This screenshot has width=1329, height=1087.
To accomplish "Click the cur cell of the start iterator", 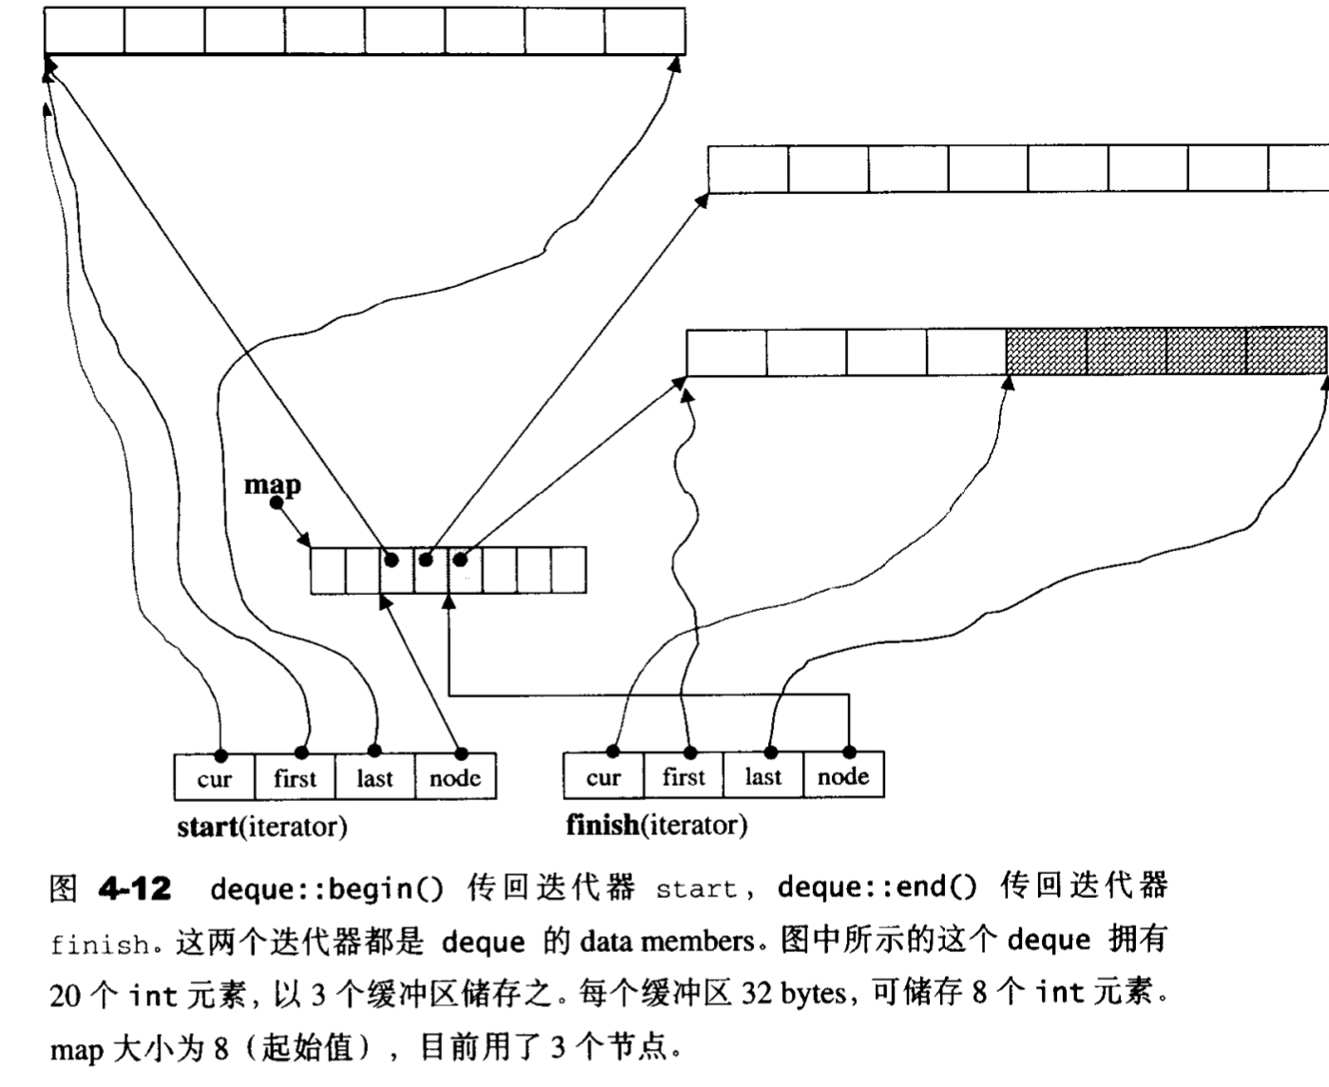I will pyautogui.click(x=215, y=778).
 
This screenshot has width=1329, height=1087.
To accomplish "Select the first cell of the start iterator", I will pyautogui.click(x=295, y=778).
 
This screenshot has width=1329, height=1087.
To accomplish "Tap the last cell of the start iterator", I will pyautogui.click(x=375, y=778).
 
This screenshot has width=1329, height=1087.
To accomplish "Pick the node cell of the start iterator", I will pyautogui.click(x=455, y=778).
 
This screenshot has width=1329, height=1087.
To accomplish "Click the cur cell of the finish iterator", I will pyautogui.click(x=604, y=776).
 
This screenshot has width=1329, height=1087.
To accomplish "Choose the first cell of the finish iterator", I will pyautogui.click(x=684, y=776).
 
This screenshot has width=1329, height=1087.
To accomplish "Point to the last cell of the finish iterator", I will pyautogui.click(x=763, y=776).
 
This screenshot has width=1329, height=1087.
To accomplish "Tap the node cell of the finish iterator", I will pyautogui.click(x=843, y=776).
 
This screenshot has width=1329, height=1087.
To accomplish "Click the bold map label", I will pyautogui.click(x=272, y=485).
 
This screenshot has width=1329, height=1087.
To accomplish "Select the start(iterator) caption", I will pyautogui.click(x=261, y=827).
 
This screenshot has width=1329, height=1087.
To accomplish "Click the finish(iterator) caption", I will pyautogui.click(x=656, y=825).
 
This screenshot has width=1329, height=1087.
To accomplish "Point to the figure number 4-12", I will pyautogui.click(x=134, y=889).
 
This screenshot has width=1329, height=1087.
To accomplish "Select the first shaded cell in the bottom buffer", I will pyautogui.click(x=1046, y=352).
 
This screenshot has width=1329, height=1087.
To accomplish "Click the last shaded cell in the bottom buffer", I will pyautogui.click(x=1286, y=352).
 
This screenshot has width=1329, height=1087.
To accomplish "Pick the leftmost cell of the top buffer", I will pyautogui.click(x=85, y=31).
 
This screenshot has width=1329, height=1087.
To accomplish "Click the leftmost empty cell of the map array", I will pyautogui.click(x=328, y=570).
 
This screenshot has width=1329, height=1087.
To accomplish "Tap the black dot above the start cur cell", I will pyautogui.click(x=221, y=755).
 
